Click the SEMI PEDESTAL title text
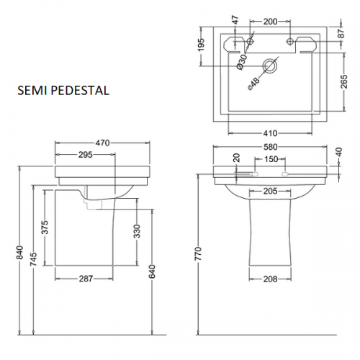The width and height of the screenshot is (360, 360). [63, 91]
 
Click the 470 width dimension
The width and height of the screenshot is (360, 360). [102, 143]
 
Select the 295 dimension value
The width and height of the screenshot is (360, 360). [86, 155]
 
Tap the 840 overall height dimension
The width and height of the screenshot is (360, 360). [20, 252]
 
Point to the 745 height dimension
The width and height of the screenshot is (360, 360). [34, 259]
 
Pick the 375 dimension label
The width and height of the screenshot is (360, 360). [45, 228]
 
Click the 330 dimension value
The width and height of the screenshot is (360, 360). [137, 231]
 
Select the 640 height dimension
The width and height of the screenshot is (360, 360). [152, 272]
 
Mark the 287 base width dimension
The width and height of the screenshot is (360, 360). [86, 279]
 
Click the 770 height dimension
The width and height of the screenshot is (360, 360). [199, 253]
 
